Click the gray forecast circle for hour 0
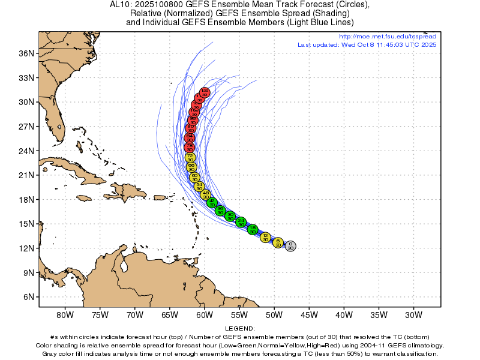point(290,245)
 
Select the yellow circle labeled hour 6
point(278,242)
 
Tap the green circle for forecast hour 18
point(253,229)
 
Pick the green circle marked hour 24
point(241,223)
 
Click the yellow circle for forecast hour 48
point(206,194)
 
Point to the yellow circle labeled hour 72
point(190,158)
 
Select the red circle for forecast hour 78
point(190,147)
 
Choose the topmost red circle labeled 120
point(205,92)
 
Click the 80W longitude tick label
point(65,315)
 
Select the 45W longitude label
point(309,315)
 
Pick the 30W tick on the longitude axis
point(413,315)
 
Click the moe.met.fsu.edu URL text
point(388,37)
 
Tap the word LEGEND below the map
point(240,329)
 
